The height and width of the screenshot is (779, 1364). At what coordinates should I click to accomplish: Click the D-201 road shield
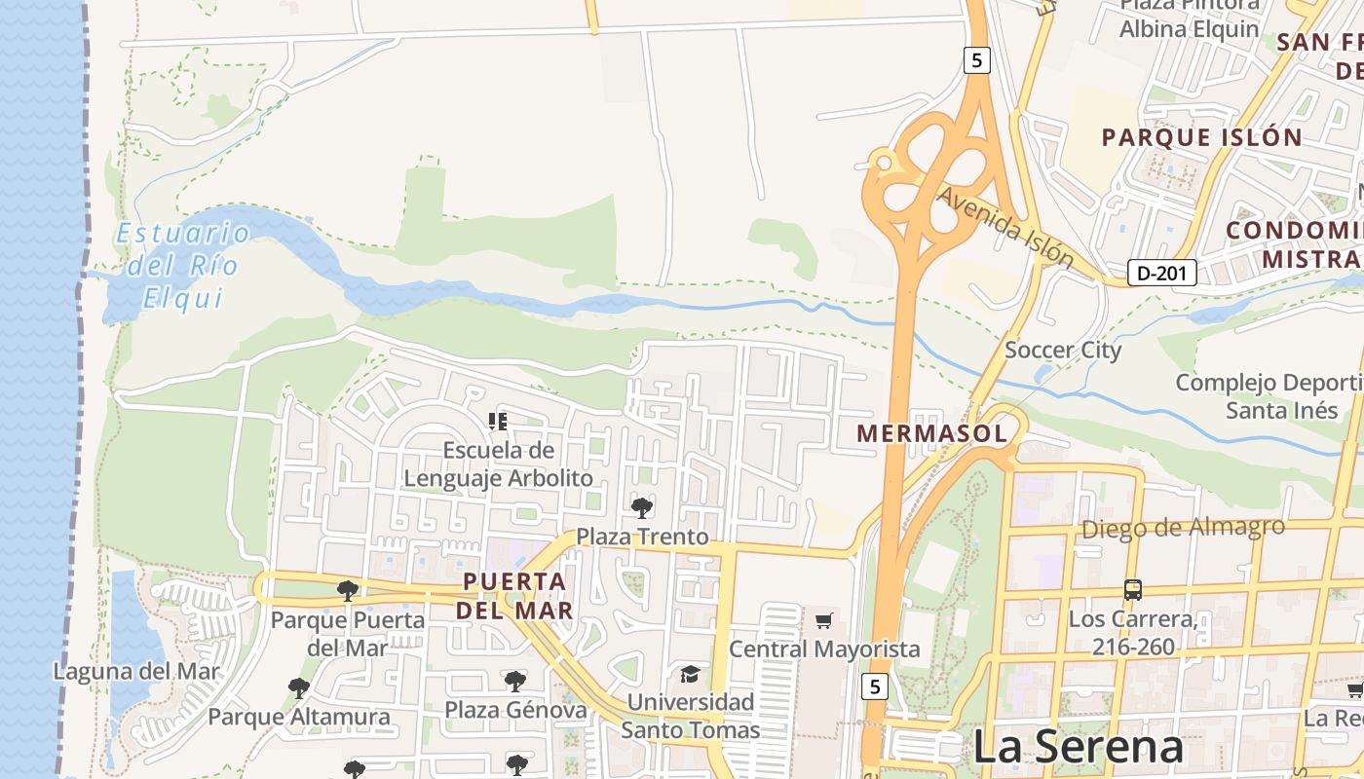pos(1161,274)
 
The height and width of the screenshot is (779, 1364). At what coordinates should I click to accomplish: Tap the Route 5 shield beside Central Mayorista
pos(875,686)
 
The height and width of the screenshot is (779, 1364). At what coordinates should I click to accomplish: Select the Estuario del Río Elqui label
pos(183,265)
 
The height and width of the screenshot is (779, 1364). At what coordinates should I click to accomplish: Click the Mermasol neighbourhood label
pos(931,434)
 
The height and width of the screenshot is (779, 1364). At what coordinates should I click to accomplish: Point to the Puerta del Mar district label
pos(515,596)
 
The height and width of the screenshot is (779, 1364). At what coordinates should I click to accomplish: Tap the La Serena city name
pos(1078,747)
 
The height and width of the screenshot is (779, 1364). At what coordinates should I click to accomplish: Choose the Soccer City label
pos(1063,350)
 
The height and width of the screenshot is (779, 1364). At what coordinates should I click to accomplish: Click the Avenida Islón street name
pos(1005,227)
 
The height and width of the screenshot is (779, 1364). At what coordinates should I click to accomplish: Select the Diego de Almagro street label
pos(1183,528)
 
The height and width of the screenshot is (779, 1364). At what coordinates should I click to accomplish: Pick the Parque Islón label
pos(1201,137)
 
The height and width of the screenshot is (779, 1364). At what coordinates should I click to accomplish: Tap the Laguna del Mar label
pos(136,671)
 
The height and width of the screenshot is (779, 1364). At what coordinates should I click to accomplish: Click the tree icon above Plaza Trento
pos(642,507)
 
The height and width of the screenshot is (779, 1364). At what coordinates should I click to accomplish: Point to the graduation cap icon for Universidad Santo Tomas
pos(691,674)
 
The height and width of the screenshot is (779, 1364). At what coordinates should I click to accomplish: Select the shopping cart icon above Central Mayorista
pos(824,620)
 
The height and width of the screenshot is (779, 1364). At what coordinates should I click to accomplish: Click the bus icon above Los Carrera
pos(1132,589)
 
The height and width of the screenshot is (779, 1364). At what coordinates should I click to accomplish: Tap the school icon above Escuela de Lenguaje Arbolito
pos(498,422)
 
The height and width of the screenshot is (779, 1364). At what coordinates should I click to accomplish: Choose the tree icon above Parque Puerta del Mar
pos(347,590)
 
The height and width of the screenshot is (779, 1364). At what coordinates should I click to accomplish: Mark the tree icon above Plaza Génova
pos(515,681)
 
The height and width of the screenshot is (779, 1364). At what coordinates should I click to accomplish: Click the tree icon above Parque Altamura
pos(299,688)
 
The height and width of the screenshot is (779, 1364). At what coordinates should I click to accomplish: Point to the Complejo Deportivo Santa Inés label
pos(1269,395)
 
